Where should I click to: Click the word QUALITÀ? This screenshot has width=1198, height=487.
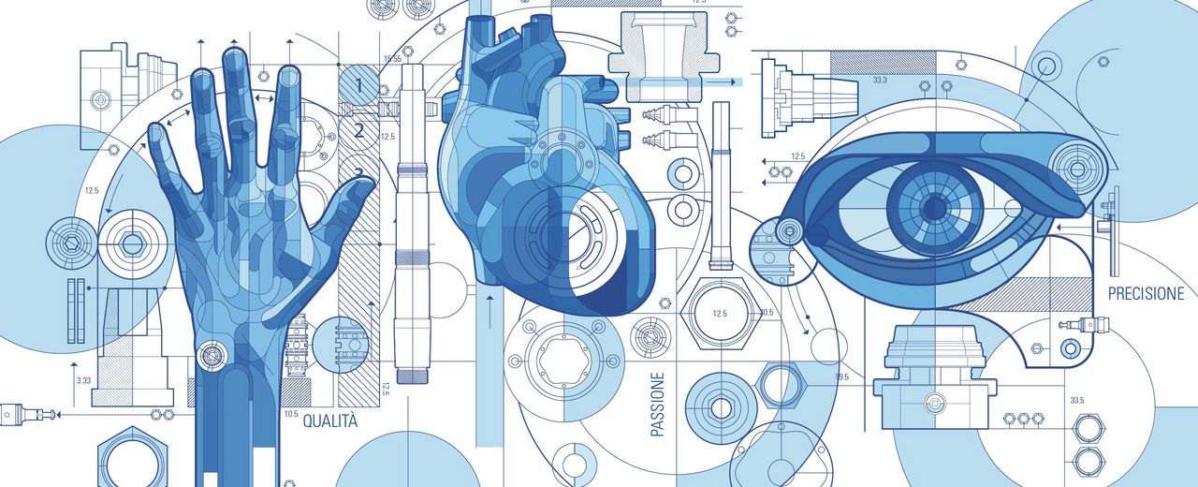pos(330,421)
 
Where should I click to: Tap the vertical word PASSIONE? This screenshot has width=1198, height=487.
pos(658,404)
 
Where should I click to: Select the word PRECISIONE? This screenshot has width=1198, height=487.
pos(1146,294)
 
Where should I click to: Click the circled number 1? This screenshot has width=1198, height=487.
pos(358,84)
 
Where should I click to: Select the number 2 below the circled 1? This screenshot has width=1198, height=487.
pos(358,130)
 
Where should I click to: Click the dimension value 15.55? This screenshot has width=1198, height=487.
pos(392,59)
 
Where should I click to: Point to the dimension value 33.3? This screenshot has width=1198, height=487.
pos(880,80)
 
